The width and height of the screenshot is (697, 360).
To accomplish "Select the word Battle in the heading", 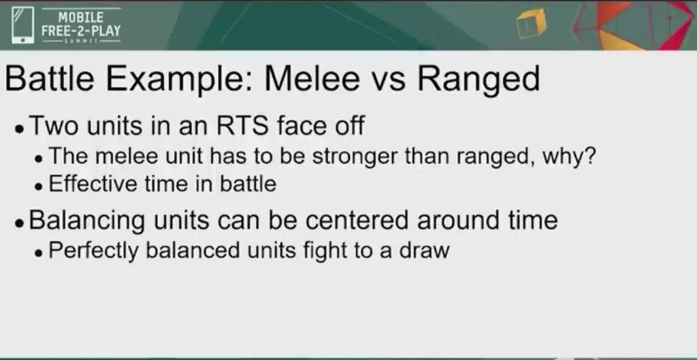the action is click(49, 79).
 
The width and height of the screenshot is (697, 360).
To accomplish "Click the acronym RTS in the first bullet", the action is click(242, 125).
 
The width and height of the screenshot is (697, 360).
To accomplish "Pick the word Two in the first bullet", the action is click(55, 125).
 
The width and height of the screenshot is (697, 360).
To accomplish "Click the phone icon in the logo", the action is click(23, 25).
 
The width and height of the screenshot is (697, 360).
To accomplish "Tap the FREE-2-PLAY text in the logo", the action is click(81, 31).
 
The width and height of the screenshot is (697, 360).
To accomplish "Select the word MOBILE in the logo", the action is click(81, 17).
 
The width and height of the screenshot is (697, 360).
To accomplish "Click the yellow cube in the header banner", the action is click(531, 24).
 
